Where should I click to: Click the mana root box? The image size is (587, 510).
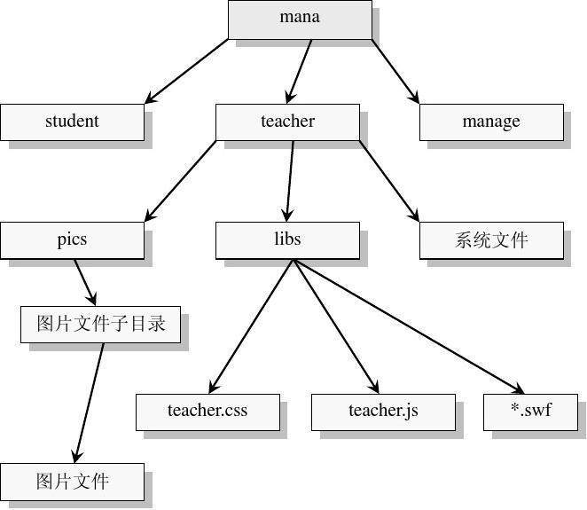click(x=300, y=19)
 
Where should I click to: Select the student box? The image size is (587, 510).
click(x=72, y=122)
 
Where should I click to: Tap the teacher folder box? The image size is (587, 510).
click(x=287, y=122)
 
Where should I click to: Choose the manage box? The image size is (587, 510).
click(x=491, y=122)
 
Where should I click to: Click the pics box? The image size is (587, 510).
click(x=72, y=239)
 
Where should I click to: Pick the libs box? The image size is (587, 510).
click(x=287, y=239)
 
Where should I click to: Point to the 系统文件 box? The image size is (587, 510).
click(x=491, y=239)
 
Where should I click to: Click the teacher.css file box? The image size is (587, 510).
click(x=207, y=411)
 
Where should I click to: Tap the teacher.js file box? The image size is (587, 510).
click(x=383, y=411)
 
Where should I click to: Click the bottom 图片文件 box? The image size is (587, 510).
click(x=72, y=481)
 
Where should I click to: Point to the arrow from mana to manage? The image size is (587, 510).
click(x=395, y=71)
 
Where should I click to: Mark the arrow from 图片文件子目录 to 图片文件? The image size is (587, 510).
click(x=89, y=401)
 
